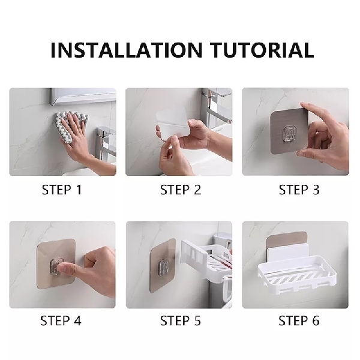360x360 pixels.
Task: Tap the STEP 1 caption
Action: (62, 190)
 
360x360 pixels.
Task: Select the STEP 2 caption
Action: (180, 190)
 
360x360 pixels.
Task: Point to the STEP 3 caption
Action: (299, 190)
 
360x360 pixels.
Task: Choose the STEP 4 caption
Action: (62, 320)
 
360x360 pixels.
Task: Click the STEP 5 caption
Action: (180, 320)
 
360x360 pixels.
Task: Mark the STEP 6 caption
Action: (299, 320)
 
